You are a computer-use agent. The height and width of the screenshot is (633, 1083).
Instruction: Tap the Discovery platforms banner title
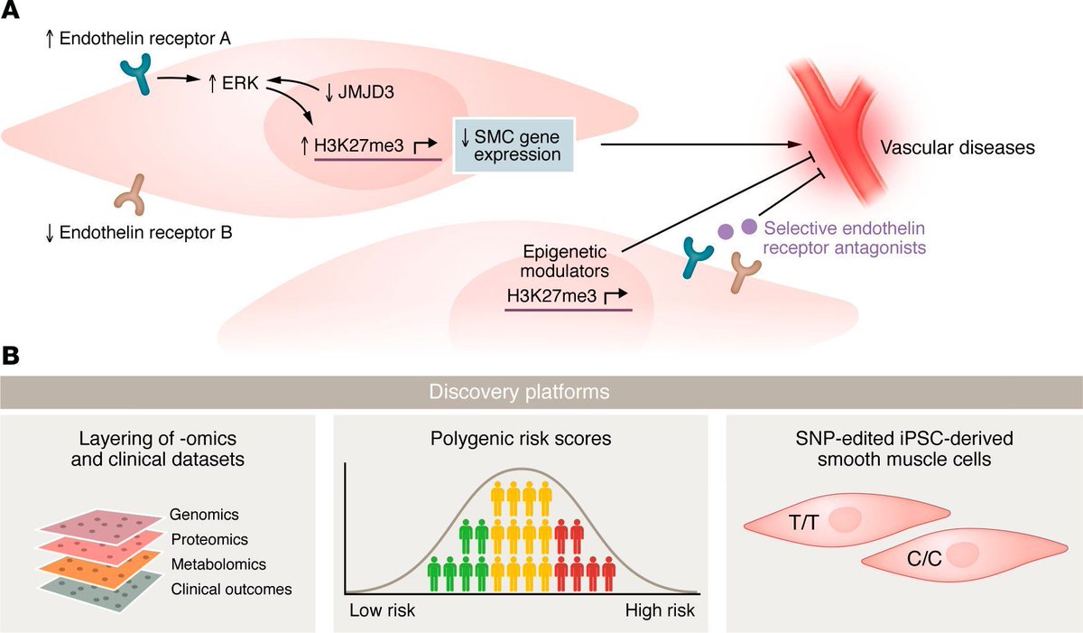541,393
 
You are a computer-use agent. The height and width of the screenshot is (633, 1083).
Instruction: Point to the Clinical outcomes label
230,589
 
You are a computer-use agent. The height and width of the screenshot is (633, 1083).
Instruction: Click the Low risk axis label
382,610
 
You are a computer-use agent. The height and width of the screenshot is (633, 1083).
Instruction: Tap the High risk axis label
660,610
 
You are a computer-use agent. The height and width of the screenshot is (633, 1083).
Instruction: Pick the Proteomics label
208,539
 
